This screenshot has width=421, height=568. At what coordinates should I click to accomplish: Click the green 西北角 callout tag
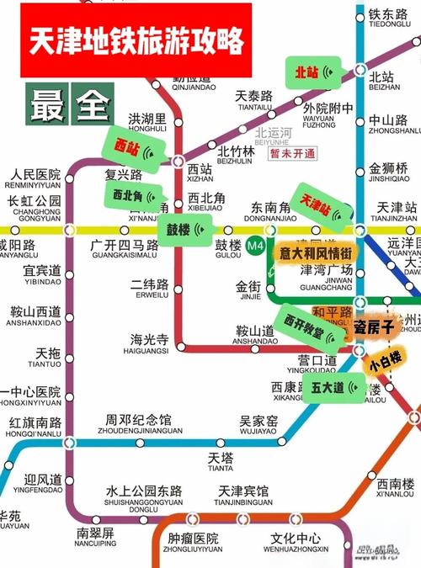135,195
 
